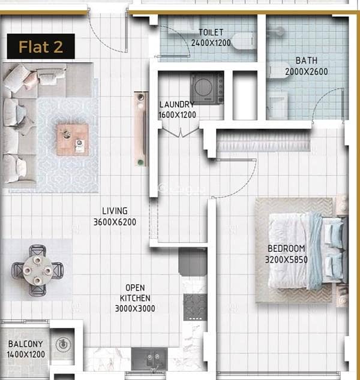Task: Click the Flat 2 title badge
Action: (x=41, y=46)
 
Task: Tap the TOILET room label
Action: (x=211, y=32)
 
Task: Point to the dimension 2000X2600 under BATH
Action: (x=307, y=72)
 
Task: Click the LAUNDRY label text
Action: (x=177, y=104)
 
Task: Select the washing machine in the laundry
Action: (x=207, y=88)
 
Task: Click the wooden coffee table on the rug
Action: (x=73, y=139)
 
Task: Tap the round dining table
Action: (x=37, y=270)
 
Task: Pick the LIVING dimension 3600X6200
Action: (x=115, y=222)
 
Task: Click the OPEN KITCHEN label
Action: (x=135, y=292)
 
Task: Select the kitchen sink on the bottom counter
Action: (x=149, y=358)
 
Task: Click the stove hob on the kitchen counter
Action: (x=195, y=307)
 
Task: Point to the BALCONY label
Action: (x=25, y=344)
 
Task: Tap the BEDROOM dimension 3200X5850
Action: (x=286, y=260)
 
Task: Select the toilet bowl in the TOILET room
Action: (x=244, y=41)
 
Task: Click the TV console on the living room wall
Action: (x=141, y=129)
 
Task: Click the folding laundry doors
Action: (x=180, y=132)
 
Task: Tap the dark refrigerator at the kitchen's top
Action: (x=193, y=262)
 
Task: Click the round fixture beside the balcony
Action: (x=64, y=344)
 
